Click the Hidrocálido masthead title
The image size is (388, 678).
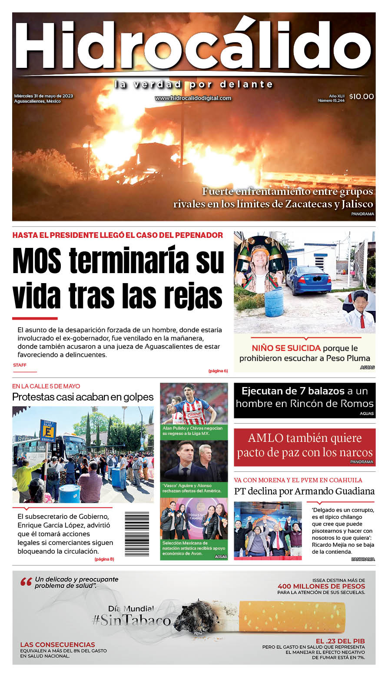[x=194, y=45]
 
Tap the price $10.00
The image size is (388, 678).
[x=361, y=97]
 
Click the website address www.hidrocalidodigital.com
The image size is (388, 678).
[x=193, y=98]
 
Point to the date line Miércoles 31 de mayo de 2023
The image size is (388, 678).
[x=43, y=96]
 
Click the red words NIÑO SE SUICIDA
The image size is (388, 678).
[x=286, y=348]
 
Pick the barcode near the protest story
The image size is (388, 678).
[x=137, y=534]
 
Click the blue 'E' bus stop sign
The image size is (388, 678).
[x=48, y=430]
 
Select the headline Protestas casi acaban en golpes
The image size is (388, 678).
[x=83, y=397]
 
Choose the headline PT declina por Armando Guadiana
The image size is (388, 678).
[x=304, y=491]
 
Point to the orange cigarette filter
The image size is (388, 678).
[x=292, y=617]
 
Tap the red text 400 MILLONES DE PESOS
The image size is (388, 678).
[x=321, y=586]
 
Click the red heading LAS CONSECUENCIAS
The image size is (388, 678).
[x=57, y=645]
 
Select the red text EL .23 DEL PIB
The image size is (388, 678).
[x=340, y=641]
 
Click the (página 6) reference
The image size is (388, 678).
[x=218, y=371]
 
